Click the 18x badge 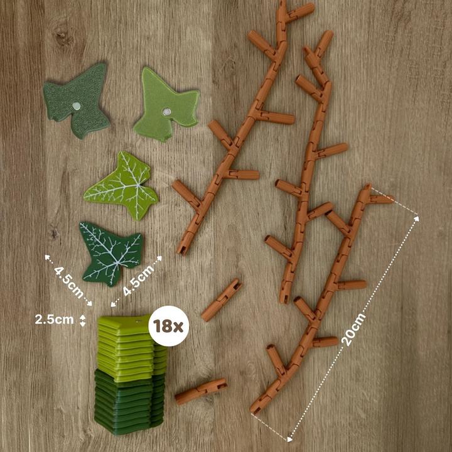tap(169, 326)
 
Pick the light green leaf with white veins tap(122, 185)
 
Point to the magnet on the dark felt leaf tap(77, 106)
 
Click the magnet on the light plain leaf tap(166, 112)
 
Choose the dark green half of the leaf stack tap(129, 402)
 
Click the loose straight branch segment tap(222, 299)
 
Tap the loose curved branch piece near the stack tap(201, 390)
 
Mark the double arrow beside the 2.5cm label tap(83, 320)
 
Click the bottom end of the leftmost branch tap(183, 249)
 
